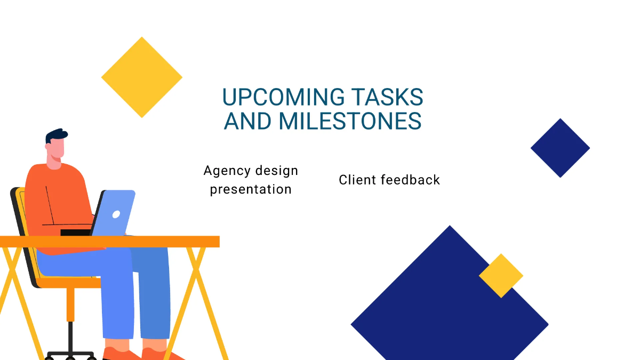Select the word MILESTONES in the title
coord(350,121)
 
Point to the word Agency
coord(227,172)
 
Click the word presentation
coord(251,189)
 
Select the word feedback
coord(411,180)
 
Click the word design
coord(276,171)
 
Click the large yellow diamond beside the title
coord(142,77)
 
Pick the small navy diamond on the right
coord(560,148)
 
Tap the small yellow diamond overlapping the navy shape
coord(501,276)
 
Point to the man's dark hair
coord(56,135)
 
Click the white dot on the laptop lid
coord(116,214)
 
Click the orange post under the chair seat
coord(70,305)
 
